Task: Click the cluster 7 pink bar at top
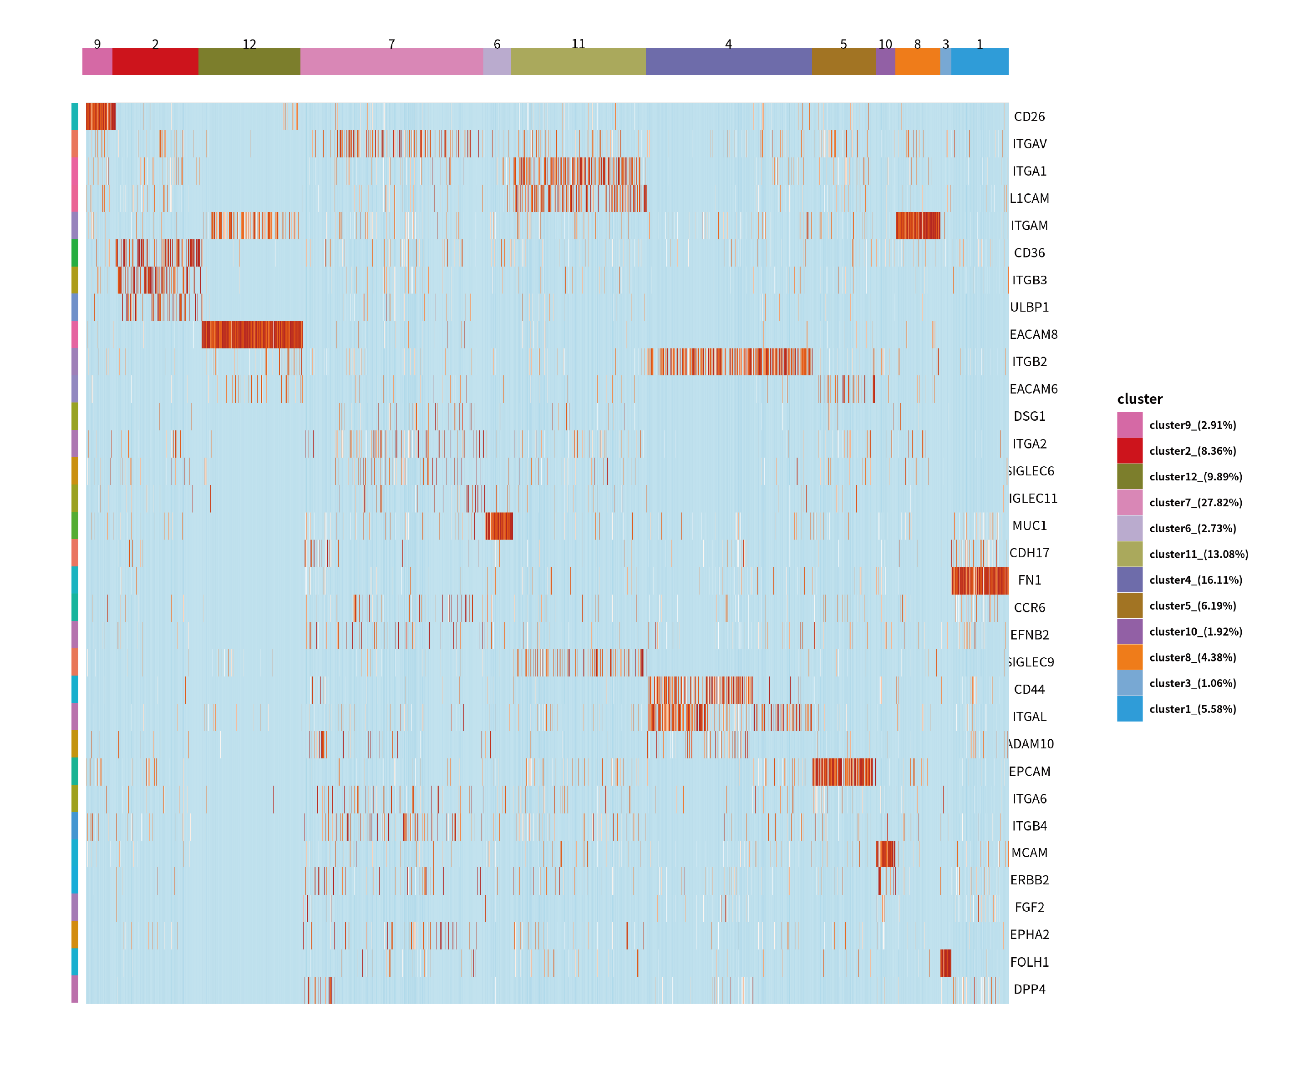coord(391,61)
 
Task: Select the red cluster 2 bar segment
coord(155,61)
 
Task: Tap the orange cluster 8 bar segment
coord(917,61)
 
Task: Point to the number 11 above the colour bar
coord(578,44)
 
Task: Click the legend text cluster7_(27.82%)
coord(1195,502)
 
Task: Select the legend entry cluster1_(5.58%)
coord(1192,709)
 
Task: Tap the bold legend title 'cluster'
coord(1139,399)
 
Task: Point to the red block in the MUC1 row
coord(499,526)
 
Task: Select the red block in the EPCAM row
coord(843,772)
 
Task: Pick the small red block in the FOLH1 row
coord(945,963)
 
